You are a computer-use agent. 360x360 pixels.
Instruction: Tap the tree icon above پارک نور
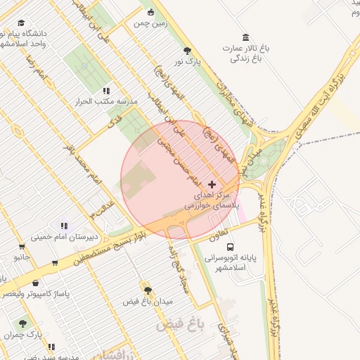[x=187, y=51]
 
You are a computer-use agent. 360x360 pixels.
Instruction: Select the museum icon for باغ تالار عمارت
[x=245, y=37]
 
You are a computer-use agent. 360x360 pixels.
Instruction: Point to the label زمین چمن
[x=150, y=23]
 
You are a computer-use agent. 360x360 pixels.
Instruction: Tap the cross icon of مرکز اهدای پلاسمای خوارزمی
[x=212, y=184]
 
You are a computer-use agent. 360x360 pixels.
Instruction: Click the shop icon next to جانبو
[x=22, y=247]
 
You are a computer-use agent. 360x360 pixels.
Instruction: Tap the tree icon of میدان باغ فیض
[x=148, y=290]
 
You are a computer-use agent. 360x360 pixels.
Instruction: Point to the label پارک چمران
[x=27, y=335]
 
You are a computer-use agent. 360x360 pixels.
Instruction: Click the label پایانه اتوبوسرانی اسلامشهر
[x=233, y=263]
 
